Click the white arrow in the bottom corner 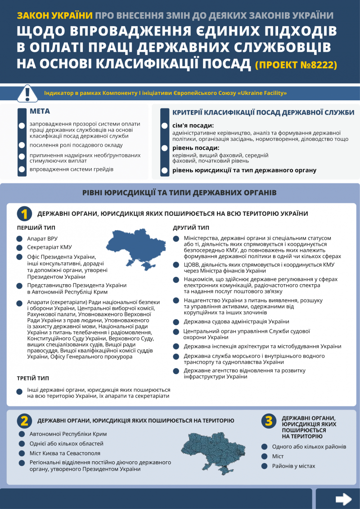point(344,499)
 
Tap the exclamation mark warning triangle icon point(27,94)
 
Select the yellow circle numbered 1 point(24,214)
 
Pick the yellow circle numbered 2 point(24,420)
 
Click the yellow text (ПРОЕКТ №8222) point(296,65)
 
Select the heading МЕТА point(40,112)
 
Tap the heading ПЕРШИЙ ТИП point(36,228)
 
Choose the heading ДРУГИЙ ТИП point(191,228)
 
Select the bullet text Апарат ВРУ point(42,238)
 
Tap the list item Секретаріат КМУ point(49,247)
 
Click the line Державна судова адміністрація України point(236,321)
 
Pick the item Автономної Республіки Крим point(68,434)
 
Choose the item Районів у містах point(293,466)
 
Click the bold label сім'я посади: point(193,125)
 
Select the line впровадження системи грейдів point(72,170)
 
